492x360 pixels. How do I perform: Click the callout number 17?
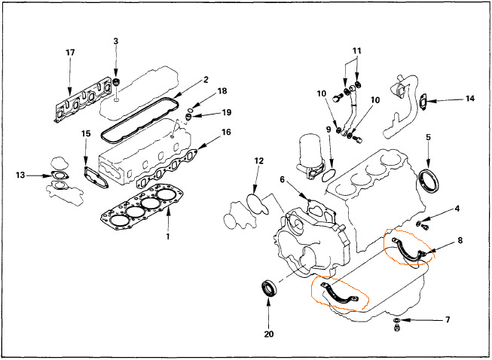coord(70,53)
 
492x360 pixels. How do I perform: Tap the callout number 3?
coord(116,41)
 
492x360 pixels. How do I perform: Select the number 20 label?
coord(269,334)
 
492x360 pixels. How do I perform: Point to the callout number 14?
coord(469,99)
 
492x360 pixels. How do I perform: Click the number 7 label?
coord(448,319)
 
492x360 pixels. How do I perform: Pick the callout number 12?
coord(259,161)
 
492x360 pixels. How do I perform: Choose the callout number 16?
coord(226,132)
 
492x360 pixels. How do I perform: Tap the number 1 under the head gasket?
coord(168,236)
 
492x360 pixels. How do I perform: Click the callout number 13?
coord(20,175)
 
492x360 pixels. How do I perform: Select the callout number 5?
coord(428,137)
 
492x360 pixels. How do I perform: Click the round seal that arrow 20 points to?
coord(270,288)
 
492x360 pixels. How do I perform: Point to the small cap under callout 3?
coord(117,84)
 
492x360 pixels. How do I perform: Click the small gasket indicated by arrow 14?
coord(423,101)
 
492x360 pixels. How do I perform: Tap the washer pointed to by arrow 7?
coord(396,320)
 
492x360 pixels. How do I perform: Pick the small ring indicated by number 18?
coord(191,110)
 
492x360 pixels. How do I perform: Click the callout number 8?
coord(460,240)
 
